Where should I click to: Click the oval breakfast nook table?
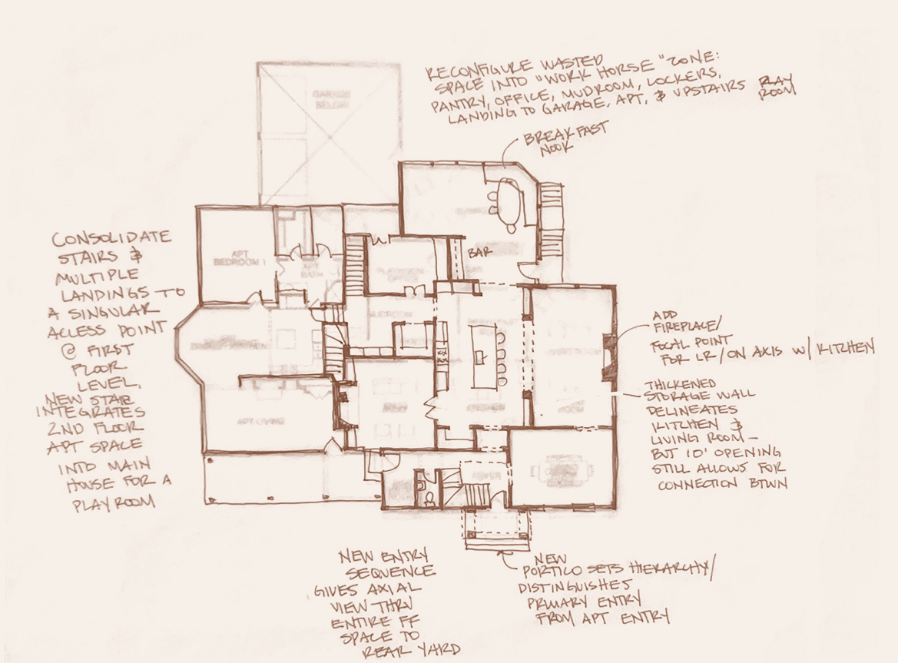(x=508, y=204)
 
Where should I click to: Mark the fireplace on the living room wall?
(x=609, y=358)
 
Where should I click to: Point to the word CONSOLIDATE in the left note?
(x=113, y=237)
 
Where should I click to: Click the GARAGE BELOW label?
(x=330, y=98)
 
